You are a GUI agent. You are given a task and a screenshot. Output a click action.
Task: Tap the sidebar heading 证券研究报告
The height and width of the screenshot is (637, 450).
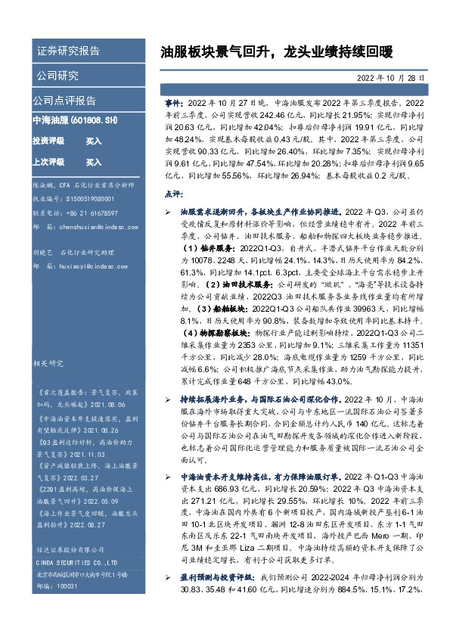point(68,51)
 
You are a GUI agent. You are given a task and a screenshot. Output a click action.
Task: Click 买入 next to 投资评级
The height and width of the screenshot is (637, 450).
point(94,141)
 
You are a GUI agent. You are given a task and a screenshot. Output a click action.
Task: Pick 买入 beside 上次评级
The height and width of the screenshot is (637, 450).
point(94,162)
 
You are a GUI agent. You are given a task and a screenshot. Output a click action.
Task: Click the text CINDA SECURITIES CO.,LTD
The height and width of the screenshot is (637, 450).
point(78,563)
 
